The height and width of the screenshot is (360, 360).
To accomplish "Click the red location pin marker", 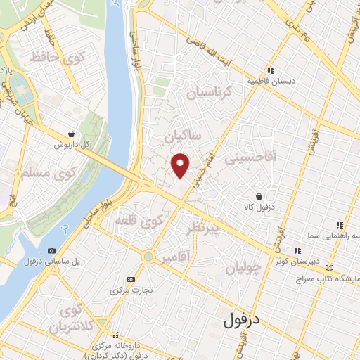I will click(x=181, y=165).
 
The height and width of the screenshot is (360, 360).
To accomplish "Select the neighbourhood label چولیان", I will click(x=243, y=268).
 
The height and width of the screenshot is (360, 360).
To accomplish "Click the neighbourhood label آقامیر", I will click(x=175, y=258).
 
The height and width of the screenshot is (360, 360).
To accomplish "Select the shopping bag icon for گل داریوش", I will click(x=72, y=133).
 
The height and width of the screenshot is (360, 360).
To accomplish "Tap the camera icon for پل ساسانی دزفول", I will click(x=51, y=250).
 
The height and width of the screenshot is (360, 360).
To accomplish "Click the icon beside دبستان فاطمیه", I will click(x=271, y=70).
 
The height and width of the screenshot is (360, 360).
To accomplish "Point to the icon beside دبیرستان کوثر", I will click(x=299, y=250).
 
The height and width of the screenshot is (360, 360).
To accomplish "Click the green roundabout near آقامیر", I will click(x=148, y=257).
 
